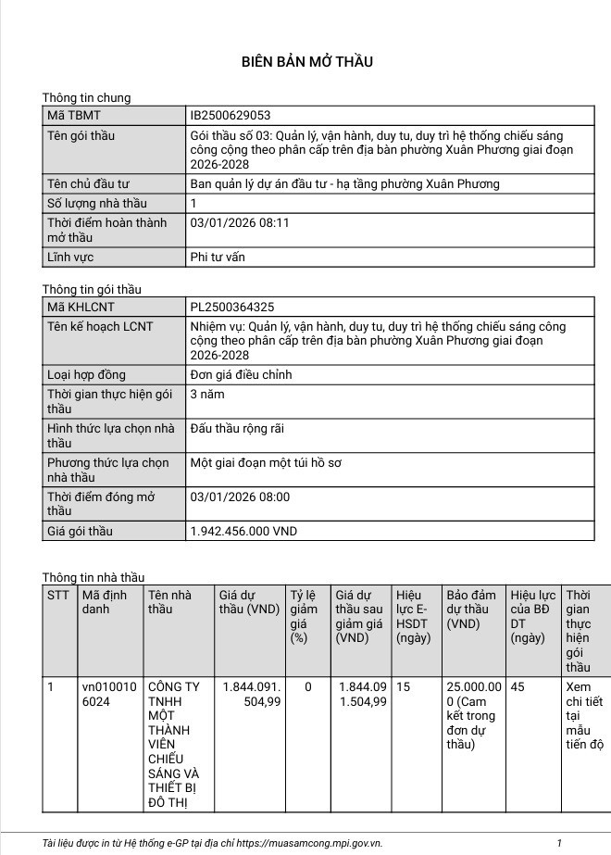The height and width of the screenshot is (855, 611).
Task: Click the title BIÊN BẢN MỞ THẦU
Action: click(x=306, y=62)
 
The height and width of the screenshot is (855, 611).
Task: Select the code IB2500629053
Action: click(x=230, y=116)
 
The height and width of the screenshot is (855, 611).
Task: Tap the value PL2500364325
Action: click(x=231, y=307)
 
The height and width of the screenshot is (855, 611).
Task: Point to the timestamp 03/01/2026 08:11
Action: click(x=239, y=223)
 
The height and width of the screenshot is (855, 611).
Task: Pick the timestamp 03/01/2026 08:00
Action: click(x=239, y=497)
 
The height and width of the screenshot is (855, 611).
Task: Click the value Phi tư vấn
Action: click(x=217, y=257)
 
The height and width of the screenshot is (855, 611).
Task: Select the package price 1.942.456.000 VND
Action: click(x=243, y=531)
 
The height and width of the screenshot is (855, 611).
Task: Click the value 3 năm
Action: click(x=206, y=395)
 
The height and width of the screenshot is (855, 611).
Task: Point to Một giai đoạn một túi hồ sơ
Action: click(x=265, y=462)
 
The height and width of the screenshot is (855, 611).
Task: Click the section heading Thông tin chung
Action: click(x=86, y=97)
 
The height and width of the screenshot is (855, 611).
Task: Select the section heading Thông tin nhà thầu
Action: click(x=93, y=577)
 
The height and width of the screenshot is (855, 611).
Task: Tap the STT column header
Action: click(x=58, y=595)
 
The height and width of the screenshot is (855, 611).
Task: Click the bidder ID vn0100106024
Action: click(x=109, y=694)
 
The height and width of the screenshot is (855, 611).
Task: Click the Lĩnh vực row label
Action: click(x=70, y=257)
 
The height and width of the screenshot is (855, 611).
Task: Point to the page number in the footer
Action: click(x=559, y=843)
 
